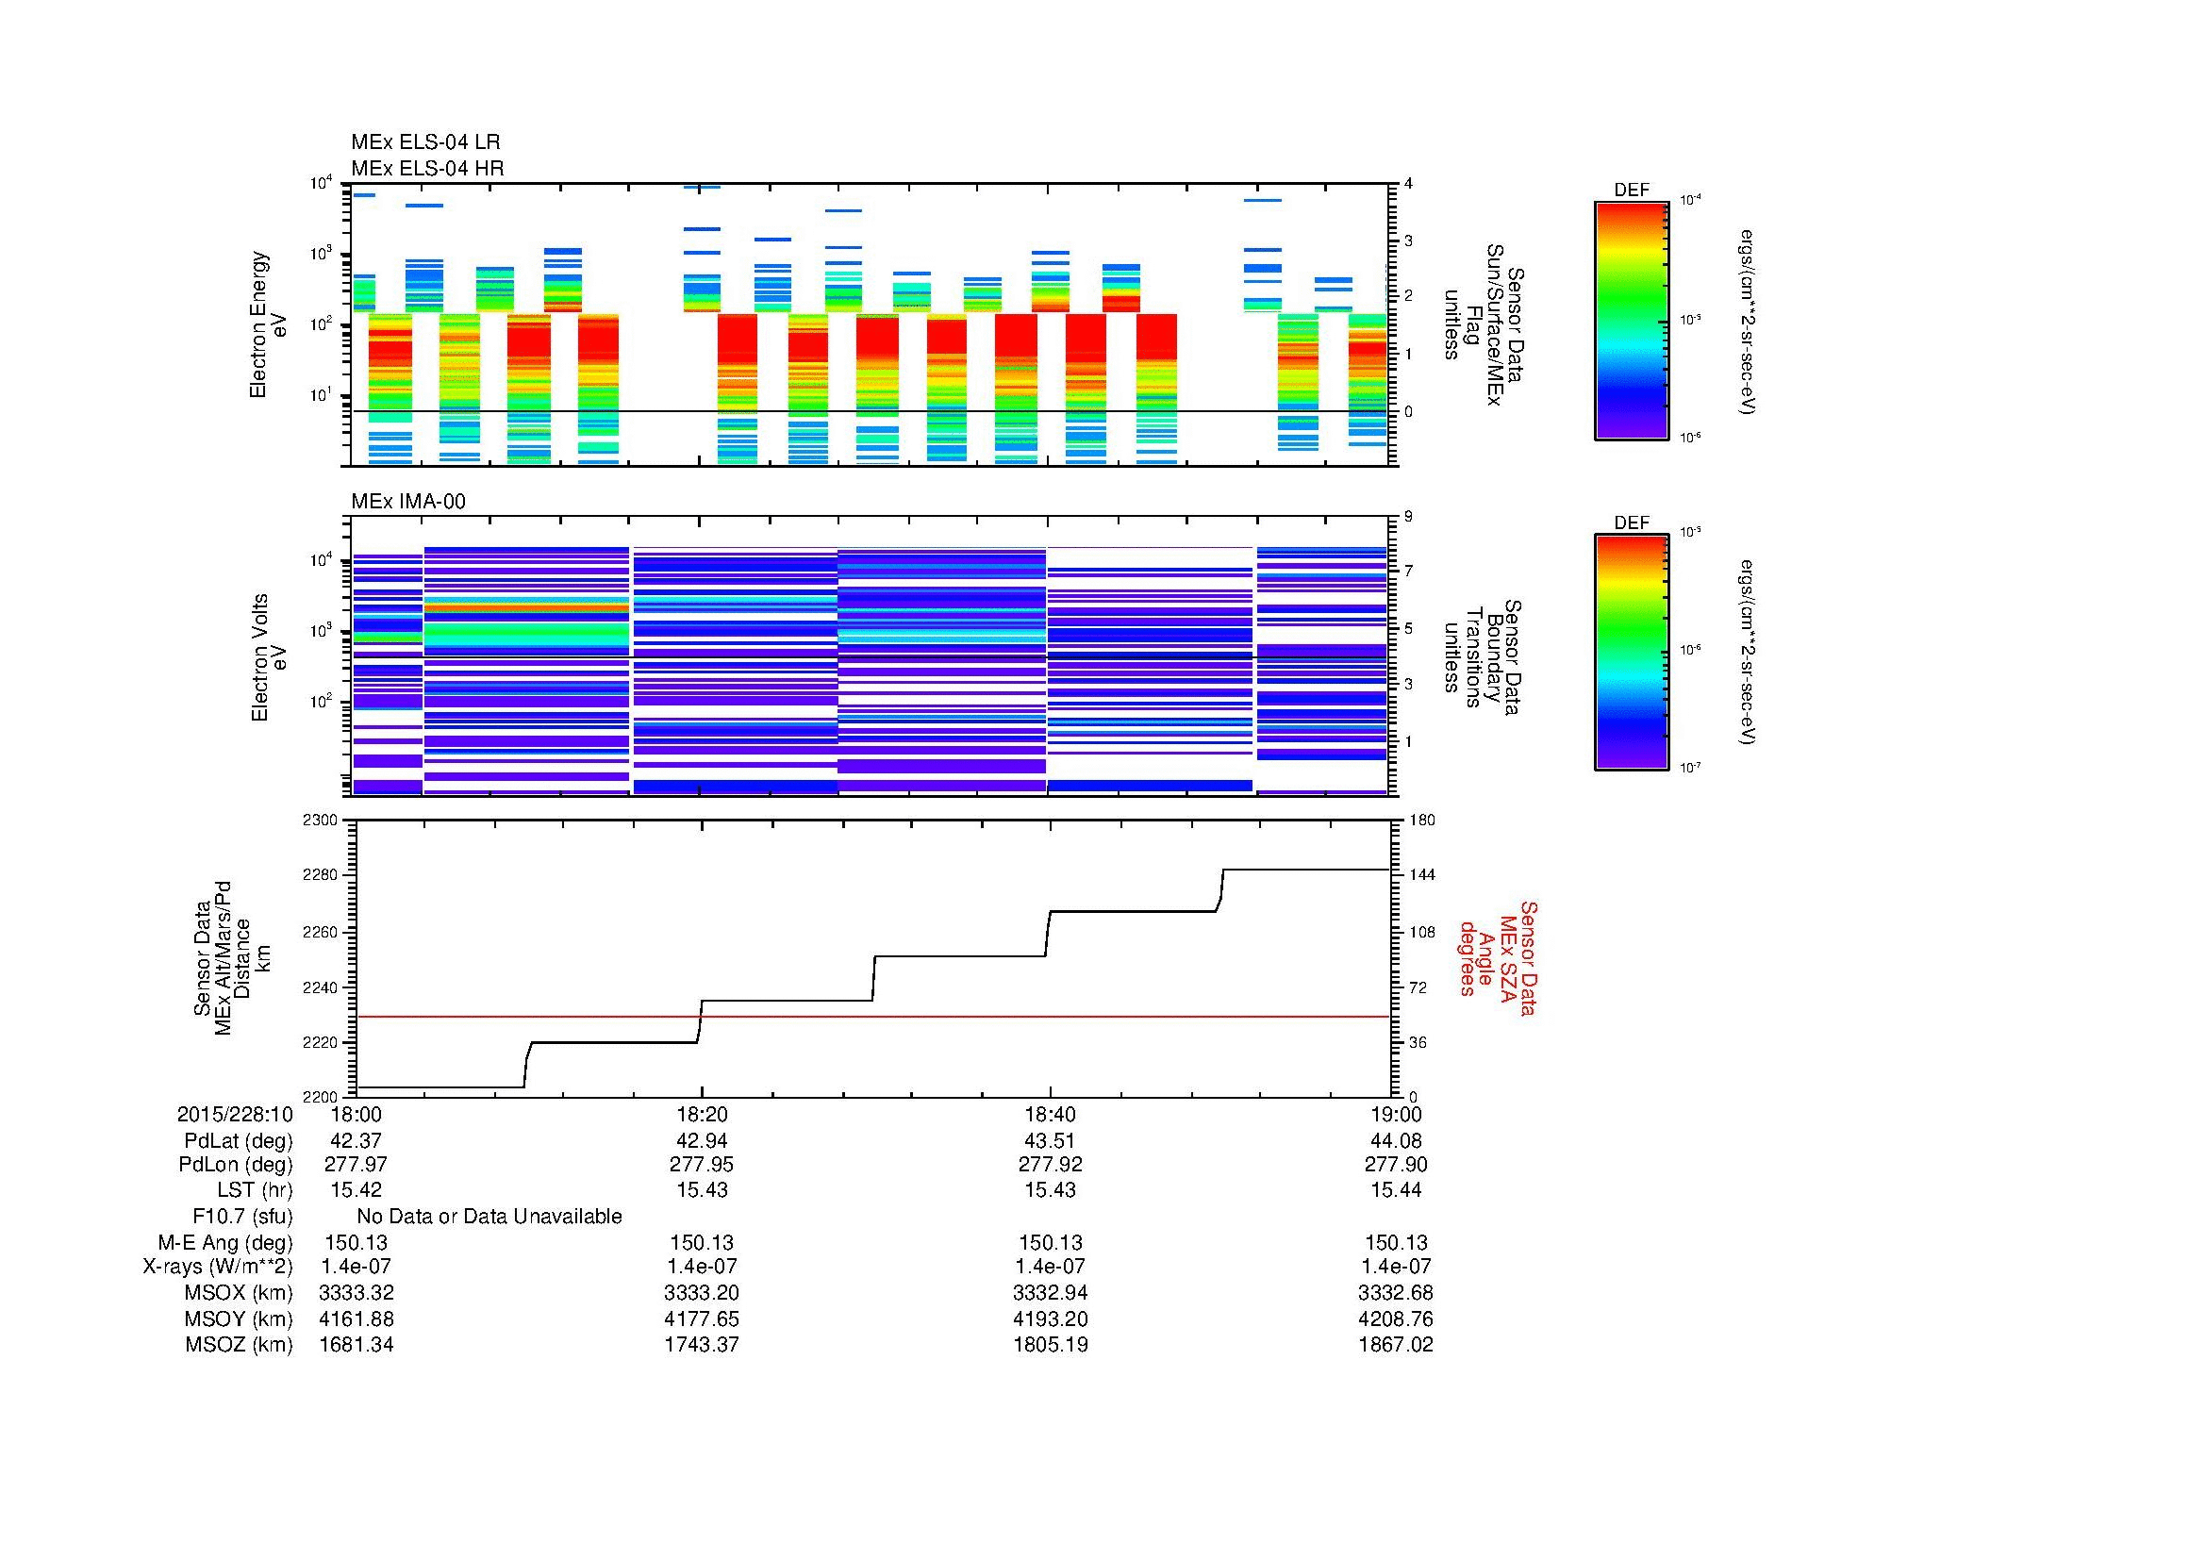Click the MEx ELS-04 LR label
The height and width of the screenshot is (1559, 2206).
tap(424, 142)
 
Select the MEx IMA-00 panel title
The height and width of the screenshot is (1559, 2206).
tap(407, 502)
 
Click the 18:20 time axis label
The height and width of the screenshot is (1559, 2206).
tap(702, 1114)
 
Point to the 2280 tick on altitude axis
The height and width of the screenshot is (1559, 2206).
tap(321, 876)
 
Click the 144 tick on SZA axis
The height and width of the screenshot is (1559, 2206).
tap(1421, 875)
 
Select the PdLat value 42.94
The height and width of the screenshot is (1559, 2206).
tap(702, 1140)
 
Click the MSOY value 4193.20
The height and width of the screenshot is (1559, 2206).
tap(1050, 1319)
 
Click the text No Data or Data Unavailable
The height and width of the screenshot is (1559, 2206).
tap(489, 1217)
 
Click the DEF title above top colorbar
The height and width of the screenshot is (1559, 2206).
tap(1631, 191)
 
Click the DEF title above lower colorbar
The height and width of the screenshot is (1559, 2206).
tap(1631, 522)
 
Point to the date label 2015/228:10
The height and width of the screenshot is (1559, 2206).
tap(235, 1114)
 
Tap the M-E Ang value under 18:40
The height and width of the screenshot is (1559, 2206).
tap(1050, 1242)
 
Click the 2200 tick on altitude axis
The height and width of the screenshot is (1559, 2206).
tap(321, 1097)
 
